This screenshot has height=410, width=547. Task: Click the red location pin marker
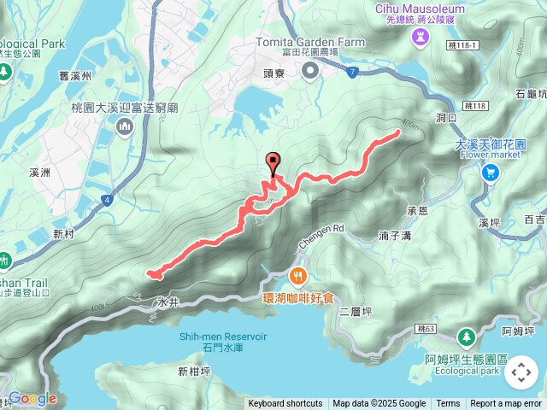[x=273, y=163]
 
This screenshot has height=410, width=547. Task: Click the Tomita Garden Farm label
[x=311, y=42]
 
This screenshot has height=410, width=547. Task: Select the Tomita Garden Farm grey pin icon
[x=311, y=72]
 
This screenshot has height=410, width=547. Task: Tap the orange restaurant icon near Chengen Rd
[x=298, y=275]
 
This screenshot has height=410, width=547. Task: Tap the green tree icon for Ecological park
[x=466, y=336]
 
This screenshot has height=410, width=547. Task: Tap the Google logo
[x=32, y=398]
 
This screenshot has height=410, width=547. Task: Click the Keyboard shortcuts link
[x=285, y=404]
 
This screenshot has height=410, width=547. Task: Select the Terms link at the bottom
[x=448, y=404]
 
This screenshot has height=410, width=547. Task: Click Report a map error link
[x=506, y=404]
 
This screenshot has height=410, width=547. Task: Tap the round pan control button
[x=521, y=372]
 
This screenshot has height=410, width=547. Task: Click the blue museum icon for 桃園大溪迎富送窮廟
[x=125, y=128]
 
